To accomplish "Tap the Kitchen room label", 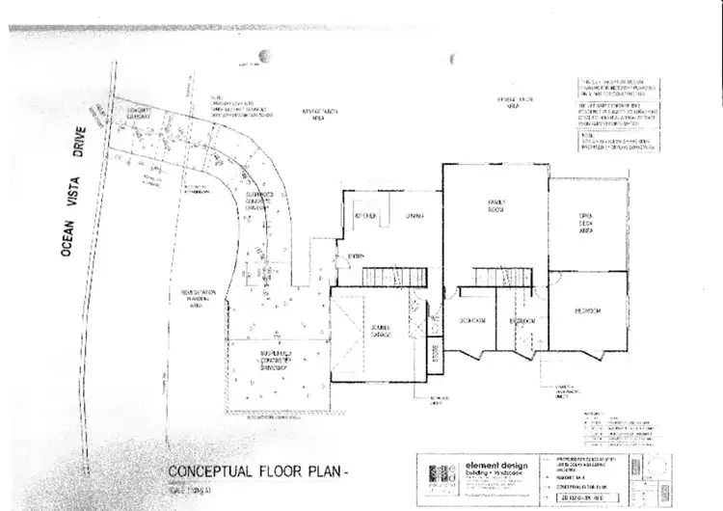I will tap(364, 215).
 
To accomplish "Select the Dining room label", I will tap(415, 215).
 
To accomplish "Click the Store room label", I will tap(434, 349).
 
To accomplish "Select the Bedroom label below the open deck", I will tap(587, 310).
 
